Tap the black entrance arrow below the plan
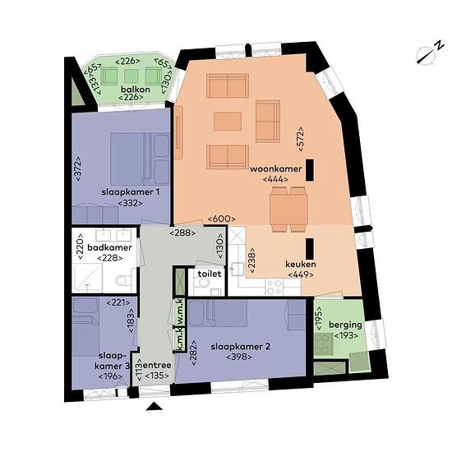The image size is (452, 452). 155,406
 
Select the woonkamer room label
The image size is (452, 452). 275,169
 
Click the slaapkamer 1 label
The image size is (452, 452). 131,192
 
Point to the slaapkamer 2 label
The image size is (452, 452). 241,347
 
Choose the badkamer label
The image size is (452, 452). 109,247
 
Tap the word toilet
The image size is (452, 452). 210,274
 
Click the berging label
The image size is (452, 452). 345,325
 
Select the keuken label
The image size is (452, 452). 301,265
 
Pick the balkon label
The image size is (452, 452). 136,90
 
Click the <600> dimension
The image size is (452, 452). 221,219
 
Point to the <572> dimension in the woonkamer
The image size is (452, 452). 300,139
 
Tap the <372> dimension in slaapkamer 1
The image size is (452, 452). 78,169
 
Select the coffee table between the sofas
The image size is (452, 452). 228,122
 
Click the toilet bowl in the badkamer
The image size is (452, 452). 121,280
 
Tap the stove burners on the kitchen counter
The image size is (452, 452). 274,287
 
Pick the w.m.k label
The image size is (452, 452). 180,312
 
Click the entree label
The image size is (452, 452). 157,365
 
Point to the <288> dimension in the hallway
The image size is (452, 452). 182,233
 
